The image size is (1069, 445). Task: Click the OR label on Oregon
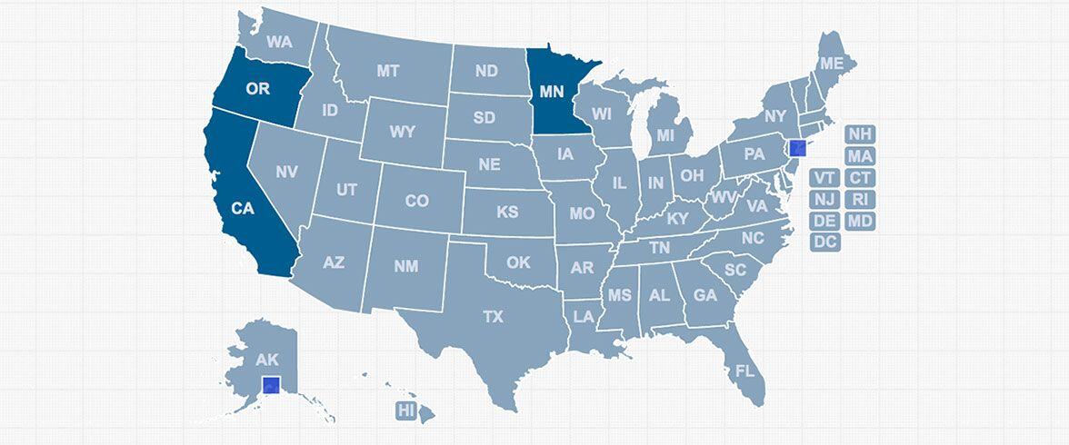pyautogui.click(x=257, y=89)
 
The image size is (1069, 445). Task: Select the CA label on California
pyautogui.click(x=243, y=208)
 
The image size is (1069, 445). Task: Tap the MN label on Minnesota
pyautogui.click(x=552, y=91)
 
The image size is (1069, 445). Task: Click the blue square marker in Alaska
pyautogui.click(x=271, y=385)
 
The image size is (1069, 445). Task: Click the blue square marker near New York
pyautogui.click(x=795, y=147)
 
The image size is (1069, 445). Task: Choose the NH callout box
pyautogui.click(x=859, y=134)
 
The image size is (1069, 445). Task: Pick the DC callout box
pyautogui.click(x=824, y=242)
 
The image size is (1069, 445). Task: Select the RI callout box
pyautogui.click(x=859, y=199)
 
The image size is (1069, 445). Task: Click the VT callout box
pyautogui.click(x=824, y=177)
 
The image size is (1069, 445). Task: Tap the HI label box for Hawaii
pyautogui.click(x=405, y=410)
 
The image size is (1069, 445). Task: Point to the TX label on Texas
pyautogui.click(x=493, y=317)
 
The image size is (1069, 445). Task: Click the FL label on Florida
pyautogui.click(x=745, y=371)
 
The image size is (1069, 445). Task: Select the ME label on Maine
pyautogui.click(x=831, y=64)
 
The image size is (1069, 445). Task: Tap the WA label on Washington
pyautogui.click(x=279, y=42)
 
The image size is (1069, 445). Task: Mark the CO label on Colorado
pyautogui.click(x=416, y=201)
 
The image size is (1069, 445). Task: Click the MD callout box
pyautogui.click(x=859, y=221)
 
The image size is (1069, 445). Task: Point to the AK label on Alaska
pyautogui.click(x=267, y=360)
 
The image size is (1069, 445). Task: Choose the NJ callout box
pyautogui.click(x=824, y=199)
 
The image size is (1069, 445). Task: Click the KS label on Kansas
pyautogui.click(x=507, y=213)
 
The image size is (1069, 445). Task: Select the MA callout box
pyautogui.click(x=859, y=156)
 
